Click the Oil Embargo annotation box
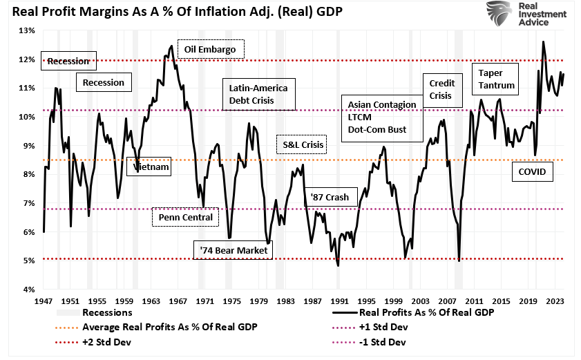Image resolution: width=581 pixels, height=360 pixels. click(211, 50)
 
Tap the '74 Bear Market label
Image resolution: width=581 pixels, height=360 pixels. click(232, 249)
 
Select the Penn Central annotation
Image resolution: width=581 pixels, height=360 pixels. click(185, 218)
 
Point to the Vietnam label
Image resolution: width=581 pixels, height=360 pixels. click(151, 167)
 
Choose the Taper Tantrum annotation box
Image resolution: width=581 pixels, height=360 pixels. click(494, 79)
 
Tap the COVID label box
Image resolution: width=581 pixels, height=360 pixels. click(532, 171)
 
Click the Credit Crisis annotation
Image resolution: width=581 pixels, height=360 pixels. click(441, 90)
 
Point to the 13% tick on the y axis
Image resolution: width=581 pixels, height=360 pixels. click(28, 30)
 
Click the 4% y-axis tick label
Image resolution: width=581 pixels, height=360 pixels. click(29, 289)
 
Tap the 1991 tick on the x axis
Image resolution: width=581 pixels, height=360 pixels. click(339, 301)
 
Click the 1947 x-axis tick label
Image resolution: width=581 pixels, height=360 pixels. click(44, 301)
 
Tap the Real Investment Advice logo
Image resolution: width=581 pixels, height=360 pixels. click(520, 14)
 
